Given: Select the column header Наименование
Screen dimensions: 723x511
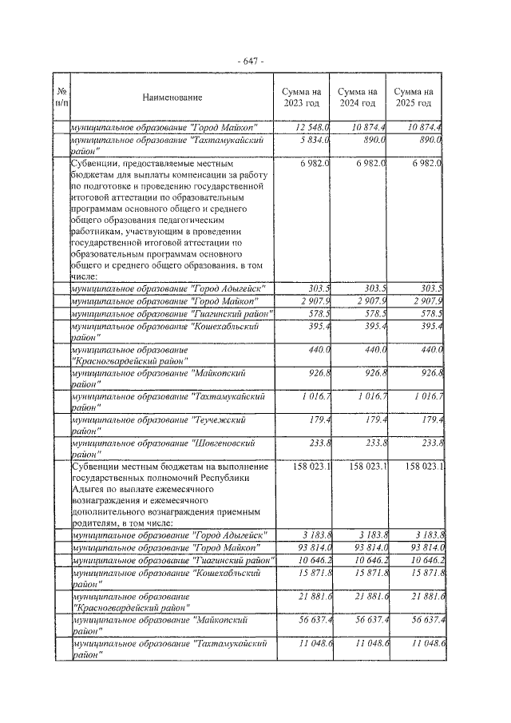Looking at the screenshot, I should tap(172, 97).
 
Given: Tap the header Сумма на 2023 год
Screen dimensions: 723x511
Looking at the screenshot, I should tap(301, 97).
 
